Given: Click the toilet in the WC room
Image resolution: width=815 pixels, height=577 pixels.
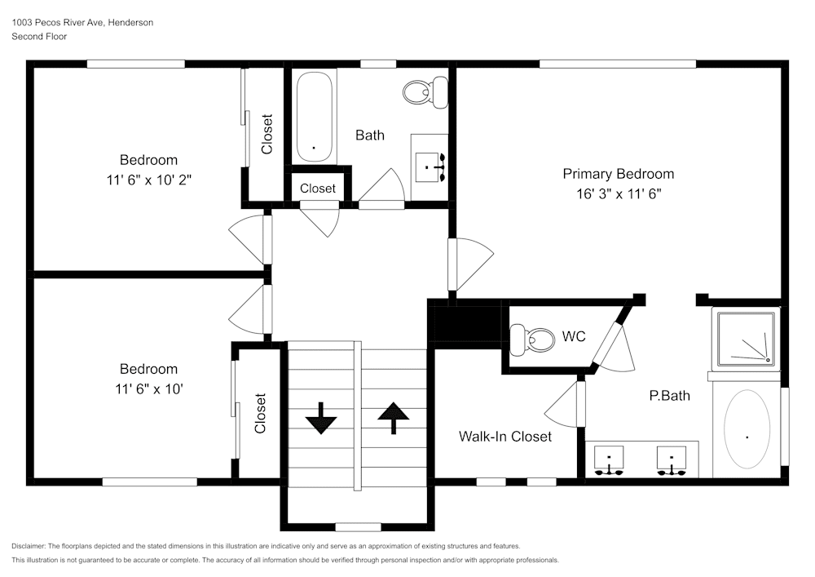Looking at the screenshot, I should (526, 338).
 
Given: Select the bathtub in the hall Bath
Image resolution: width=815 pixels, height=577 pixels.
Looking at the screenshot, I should (314, 118).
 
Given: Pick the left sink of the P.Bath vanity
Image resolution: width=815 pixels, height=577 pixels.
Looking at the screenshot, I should (609, 459).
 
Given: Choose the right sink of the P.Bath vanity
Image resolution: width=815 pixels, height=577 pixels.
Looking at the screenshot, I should (672, 459).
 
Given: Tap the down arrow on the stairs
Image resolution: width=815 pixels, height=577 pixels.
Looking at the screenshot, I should (321, 417).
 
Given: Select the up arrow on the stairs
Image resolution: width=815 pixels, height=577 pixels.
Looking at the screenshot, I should (393, 417).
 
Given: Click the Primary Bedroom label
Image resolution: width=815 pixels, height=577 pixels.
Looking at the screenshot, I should (618, 174).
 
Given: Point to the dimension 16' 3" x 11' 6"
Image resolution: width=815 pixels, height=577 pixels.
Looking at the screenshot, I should (618, 194).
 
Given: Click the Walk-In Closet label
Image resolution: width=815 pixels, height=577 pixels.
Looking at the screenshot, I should (505, 437).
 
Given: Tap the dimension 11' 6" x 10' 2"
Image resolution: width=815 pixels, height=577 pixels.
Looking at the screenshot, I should (148, 180).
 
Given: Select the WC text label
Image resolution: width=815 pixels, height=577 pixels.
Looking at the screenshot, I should (574, 336).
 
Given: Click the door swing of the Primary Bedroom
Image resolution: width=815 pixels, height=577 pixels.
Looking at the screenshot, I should (469, 263).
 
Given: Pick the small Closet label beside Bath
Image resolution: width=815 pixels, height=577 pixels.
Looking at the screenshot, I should (317, 189).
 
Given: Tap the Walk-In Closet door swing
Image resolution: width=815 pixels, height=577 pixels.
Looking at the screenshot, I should (564, 402).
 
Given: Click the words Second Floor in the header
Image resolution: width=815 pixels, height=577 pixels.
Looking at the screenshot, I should (39, 37).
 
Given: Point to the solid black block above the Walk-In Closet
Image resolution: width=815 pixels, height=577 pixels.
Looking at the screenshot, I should (465, 322).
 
